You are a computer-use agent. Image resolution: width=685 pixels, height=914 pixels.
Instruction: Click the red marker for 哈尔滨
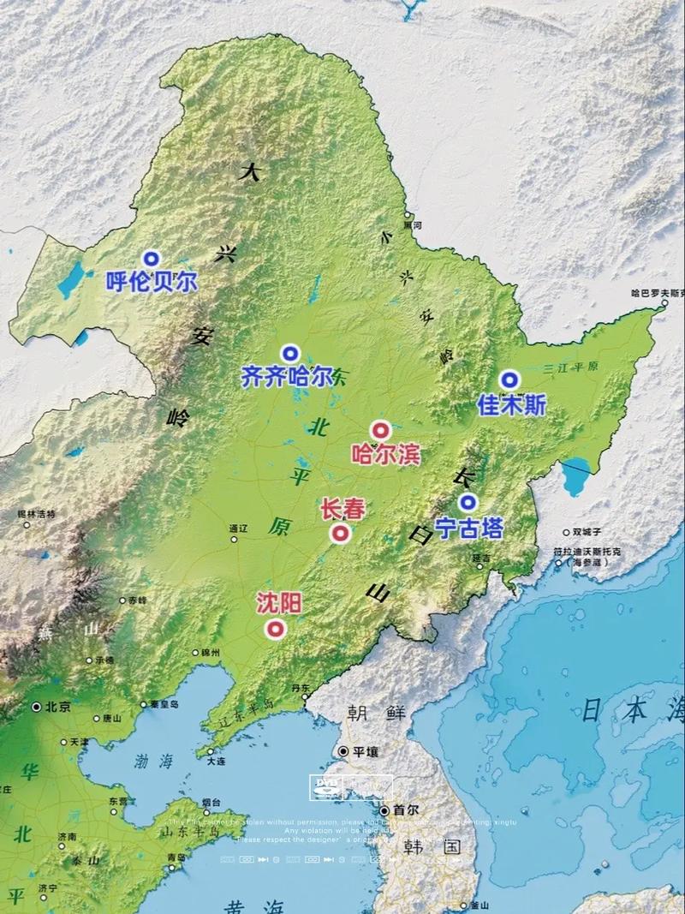[x=380, y=431]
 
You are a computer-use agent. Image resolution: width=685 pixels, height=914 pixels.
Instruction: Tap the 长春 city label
[x=342, y=510]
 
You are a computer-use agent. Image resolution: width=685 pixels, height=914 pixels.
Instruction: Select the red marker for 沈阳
[x=275, y=630]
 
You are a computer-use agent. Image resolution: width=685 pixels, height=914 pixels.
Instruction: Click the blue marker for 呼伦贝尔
[x=152, y=258]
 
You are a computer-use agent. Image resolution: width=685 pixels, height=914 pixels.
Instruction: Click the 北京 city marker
[x=37, y=708]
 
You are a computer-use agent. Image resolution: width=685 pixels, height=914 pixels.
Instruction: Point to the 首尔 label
[x=404, y=810]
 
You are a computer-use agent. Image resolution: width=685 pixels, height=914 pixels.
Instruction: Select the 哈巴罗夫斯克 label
[x=658, y=293]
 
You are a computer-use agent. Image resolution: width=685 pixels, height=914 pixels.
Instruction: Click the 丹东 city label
[x=300, y=688]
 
